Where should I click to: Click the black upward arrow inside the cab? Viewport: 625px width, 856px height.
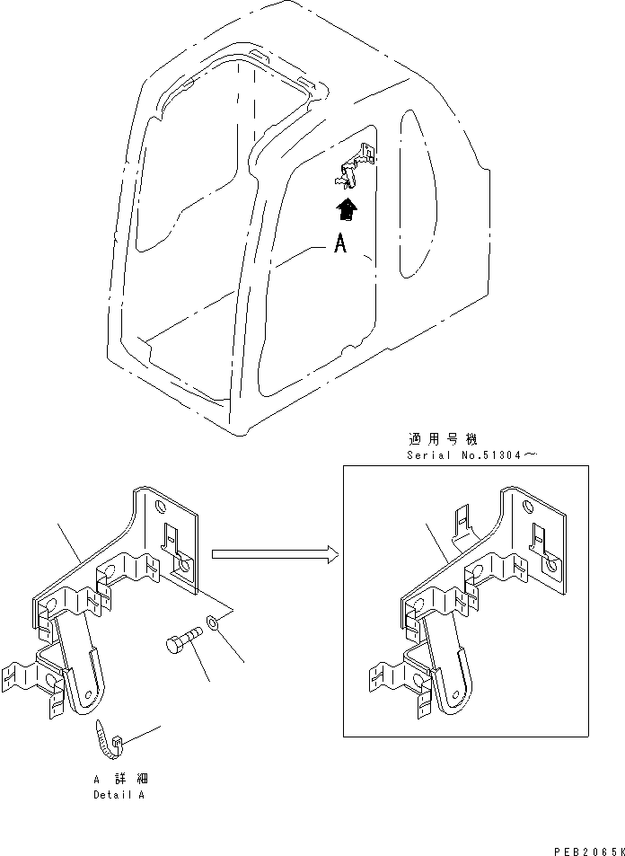point(345,210)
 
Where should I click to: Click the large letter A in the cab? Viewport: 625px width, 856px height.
point(339,244)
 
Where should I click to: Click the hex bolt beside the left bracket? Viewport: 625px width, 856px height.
point(180,646)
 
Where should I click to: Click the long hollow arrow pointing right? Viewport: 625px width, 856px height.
point(274,555)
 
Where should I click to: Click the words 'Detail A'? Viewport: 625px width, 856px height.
point(119,795)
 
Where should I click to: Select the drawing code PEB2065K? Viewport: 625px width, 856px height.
point(584,847)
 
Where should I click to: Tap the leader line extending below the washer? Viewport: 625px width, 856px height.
point(232,648)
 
